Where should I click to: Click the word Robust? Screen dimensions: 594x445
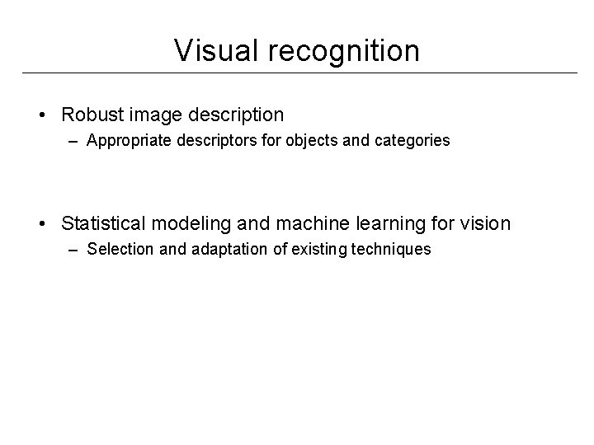[91, 114]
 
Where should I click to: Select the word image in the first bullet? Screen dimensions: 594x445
[151, 114]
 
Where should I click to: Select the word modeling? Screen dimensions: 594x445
[179, 223]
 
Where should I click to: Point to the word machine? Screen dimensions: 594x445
[294, 223]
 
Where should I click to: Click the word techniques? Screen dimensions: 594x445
[393, 249]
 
